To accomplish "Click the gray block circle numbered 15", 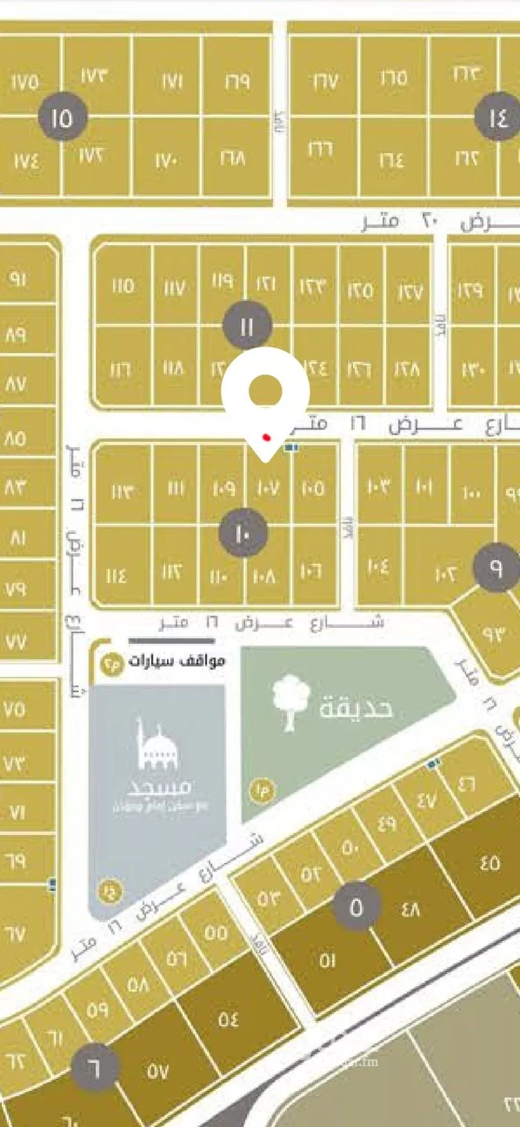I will [x=63, y=117].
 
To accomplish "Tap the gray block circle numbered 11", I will [x=247, y=325].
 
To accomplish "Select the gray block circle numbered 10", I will [x=243, y=533].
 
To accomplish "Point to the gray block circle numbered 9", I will [x=496, y=567].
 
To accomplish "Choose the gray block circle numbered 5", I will [x=356, y=907].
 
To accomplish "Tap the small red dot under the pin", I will [x=266, y=438].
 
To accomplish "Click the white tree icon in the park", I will [x=291, y=702].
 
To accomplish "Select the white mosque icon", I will [x=158, y=744].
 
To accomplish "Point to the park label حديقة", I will [x=356, y=707].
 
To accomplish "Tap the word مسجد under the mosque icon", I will [x=160, y=787].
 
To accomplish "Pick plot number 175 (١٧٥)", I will [x=26, y=83].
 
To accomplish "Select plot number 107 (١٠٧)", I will [x=268, y=488].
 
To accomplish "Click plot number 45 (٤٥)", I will [x=489, y=863].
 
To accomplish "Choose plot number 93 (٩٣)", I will [x=494, y=634].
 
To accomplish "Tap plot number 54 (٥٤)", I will [x=228, y=1019].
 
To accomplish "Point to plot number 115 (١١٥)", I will [x=123, y=285].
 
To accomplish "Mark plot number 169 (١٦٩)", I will [x=237, y=81].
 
